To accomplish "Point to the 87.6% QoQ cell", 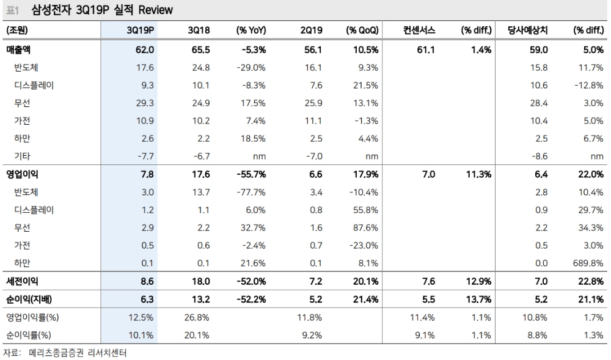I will click(364, 227).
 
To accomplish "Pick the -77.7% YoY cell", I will click(251, 191).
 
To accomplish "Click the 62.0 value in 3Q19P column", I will click(146, 50).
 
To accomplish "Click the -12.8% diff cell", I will click(589, 86).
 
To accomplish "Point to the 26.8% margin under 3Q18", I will click(197, 317).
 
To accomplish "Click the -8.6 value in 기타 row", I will click(538, 156).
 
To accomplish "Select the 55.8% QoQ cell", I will click(364, 210).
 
